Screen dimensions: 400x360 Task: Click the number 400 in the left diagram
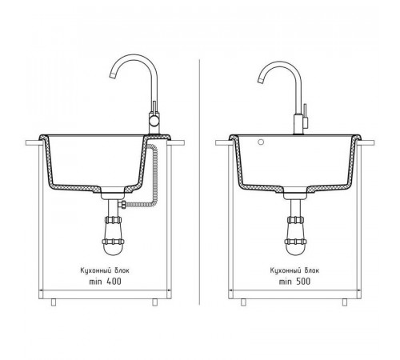[x=114, y=282]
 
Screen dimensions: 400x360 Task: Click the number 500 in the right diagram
[x=303, y=282]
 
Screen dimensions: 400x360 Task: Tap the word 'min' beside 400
[x=95, y=282]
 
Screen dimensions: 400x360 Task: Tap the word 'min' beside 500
[x=285, y=282]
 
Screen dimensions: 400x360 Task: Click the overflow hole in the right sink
[x=261, y=142]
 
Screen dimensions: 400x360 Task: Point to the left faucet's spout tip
[x=113, y=75]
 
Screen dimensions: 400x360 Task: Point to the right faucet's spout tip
[x=261, y=80]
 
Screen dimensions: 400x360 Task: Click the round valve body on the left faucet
[x=154, y=121]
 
